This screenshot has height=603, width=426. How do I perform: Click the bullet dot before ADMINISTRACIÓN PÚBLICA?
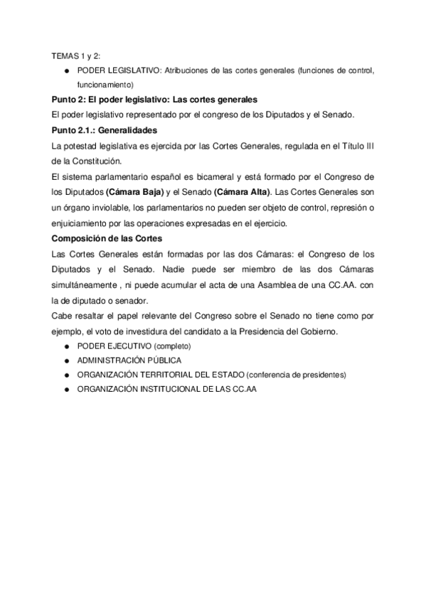(x=66, y=361)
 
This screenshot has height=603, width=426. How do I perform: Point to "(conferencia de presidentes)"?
(x=295, y=375)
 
